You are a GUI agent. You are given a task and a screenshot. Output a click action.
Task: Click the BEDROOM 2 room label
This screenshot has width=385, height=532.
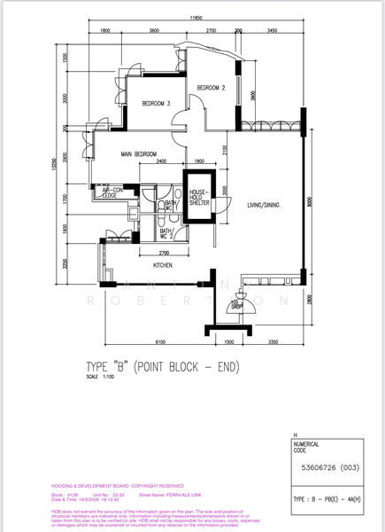pyautogui.click(x=212, y=88)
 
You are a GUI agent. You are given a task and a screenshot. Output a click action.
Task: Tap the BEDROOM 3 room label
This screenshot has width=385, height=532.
pyautogui.click(x=158, y=104)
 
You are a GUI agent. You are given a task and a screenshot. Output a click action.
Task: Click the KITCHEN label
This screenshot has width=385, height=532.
pyautogui.click(x=163, y=264)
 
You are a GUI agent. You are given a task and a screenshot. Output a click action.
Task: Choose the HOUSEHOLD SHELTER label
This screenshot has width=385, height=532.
pyautogui.click(x=197, y=197)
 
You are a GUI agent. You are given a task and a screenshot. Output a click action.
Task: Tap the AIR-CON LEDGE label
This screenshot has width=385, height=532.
pyautogui.click(x=113, y=192)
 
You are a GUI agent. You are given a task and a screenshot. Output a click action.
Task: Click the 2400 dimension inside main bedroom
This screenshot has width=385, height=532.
pyautogui.click(x=162, y=161)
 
